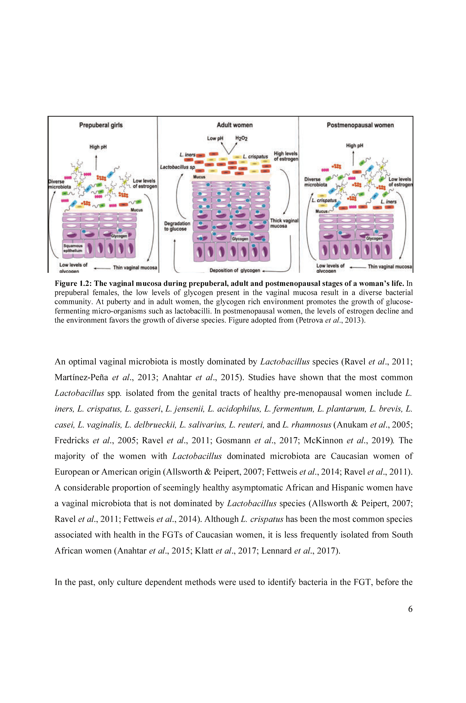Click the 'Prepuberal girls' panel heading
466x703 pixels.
coord(101,125)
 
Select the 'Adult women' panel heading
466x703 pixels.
coord(234,125)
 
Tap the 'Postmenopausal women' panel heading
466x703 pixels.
coord(360,125)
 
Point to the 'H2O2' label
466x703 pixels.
coord(241,138)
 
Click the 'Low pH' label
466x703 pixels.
coord(215,138)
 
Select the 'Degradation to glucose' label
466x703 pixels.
coord(177,226)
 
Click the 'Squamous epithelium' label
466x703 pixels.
coord(73,248)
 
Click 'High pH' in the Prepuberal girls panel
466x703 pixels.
coord(98,147)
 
